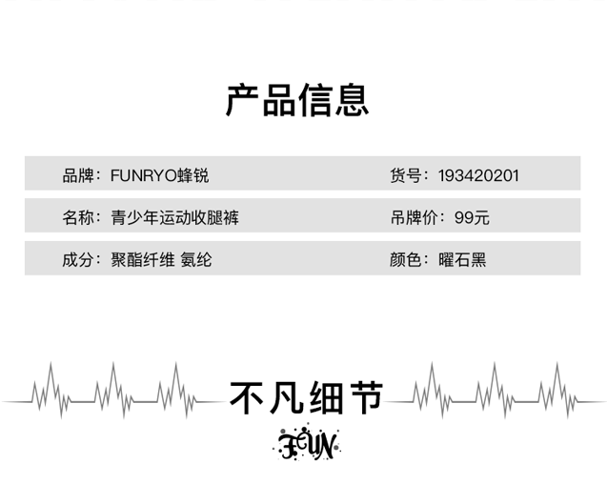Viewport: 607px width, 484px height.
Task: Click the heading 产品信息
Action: [297, 99]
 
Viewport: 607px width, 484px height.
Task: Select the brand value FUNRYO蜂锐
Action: [159, 175]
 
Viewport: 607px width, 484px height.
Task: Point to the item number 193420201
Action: [478, 175]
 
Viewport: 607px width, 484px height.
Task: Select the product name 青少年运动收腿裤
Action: [174, 217]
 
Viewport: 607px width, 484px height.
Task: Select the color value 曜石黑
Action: [462, 259]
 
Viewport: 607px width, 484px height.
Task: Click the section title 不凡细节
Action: [305, 396]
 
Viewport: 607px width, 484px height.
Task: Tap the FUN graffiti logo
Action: [305, 443]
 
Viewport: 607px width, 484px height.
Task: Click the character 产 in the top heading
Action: [243, 99]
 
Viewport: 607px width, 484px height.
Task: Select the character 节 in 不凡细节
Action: [365, 396]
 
